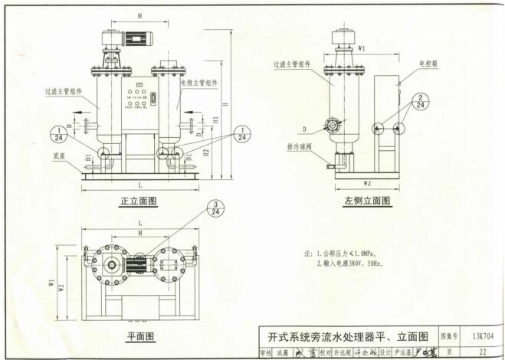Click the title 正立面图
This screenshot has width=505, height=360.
[138, 201]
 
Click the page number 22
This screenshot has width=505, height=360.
[482, 352]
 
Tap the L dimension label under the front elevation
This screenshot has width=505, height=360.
[139, 187]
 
